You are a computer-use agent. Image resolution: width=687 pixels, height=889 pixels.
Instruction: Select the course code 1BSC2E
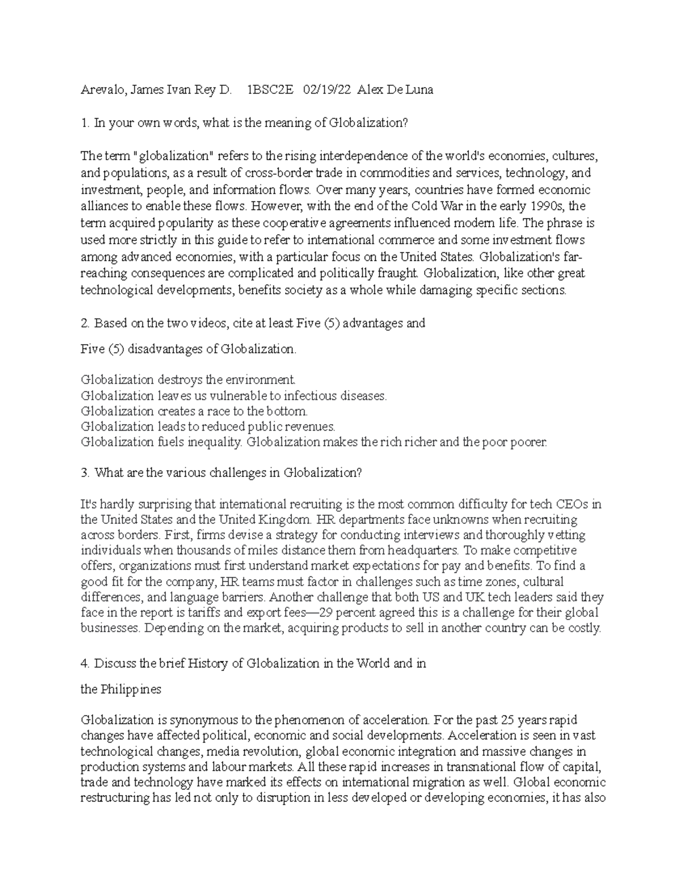tap(270, 90)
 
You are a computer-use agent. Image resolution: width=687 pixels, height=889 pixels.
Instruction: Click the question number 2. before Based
tap(86, 323)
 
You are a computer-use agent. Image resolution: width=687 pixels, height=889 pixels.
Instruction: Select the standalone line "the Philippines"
tap(121, 689)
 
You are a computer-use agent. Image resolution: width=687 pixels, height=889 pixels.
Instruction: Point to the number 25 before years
tap(508, 720)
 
